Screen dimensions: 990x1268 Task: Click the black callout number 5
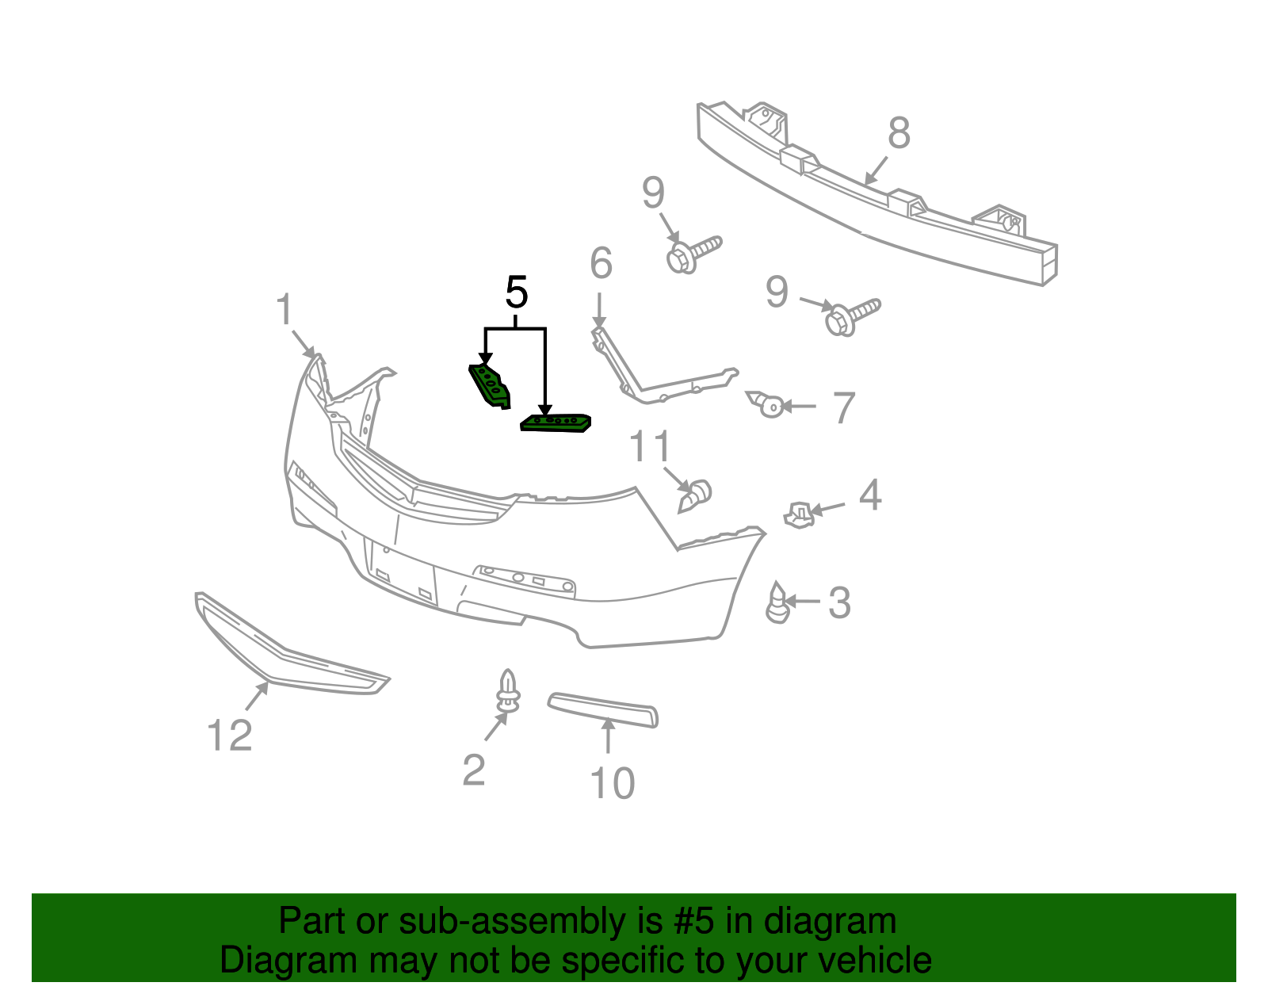pos(516,294)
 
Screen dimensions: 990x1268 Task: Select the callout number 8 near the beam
pos(899,133)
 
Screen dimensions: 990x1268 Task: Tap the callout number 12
pos(230,736)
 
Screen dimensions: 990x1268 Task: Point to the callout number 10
pos(613,783)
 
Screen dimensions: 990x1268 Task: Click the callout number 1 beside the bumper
pos(285,310)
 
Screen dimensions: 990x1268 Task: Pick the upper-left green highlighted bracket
pos(490,386)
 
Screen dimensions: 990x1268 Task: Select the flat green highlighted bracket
pos(556,423)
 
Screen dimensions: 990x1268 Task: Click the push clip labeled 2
pos(507,693)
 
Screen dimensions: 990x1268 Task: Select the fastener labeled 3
pos(778,603)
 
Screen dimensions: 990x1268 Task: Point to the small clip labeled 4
pos(799,514)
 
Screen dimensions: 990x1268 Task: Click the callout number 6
pos(601,263)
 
